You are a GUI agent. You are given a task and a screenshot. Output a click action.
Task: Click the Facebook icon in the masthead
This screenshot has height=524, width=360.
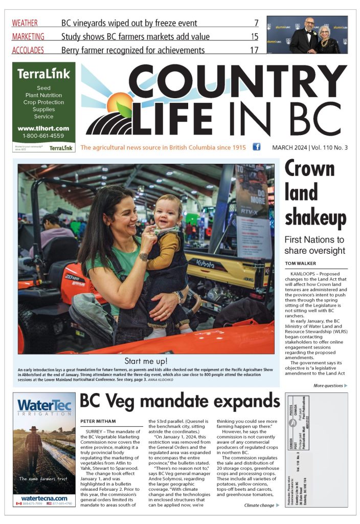[x=257, y=147]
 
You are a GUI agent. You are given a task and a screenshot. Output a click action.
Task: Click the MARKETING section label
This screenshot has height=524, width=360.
[x=28, y=37]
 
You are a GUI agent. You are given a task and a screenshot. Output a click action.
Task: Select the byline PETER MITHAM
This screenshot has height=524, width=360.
[x=98, y=421]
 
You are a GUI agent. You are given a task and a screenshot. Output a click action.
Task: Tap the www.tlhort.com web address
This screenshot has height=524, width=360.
[x=43, y=128]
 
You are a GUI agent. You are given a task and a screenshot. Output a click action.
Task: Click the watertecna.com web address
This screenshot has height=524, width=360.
[x=44, y=498]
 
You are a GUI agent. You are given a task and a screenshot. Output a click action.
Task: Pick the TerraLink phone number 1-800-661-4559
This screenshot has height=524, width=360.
[x=43, y=136]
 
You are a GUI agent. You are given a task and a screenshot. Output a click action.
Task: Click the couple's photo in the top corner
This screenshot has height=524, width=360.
[x=307, y=34]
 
